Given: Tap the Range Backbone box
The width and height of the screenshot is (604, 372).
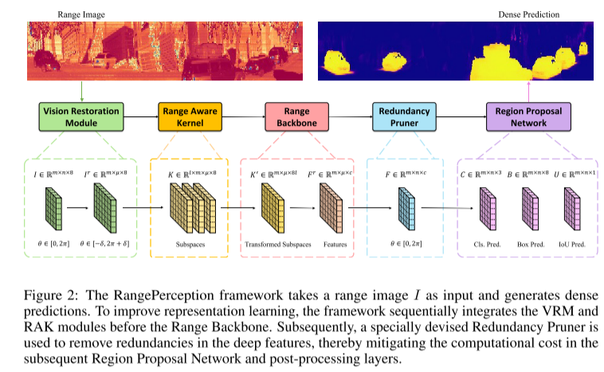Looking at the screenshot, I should click(296, 117).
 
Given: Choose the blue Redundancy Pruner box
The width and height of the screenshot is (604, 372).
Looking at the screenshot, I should click(405, 117).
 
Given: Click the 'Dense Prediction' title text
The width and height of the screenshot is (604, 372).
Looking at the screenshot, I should click(528, 14).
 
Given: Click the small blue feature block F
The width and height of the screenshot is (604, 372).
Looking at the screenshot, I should click(405, 210).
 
